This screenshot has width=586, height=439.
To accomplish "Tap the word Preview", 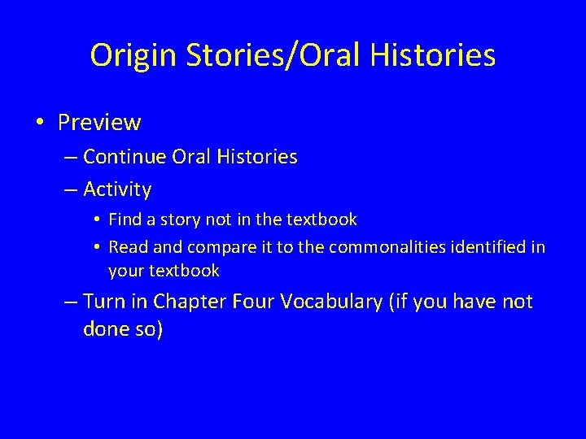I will [x=99, y=123].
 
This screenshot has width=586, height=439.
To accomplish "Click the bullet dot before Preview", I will [x=40, y=123].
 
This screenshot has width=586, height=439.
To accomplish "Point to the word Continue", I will [x=125, y=156].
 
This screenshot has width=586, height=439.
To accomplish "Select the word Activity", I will [x=117, y=189].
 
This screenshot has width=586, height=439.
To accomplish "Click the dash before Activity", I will [x=70, y=189].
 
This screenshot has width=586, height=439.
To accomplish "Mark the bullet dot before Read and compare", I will [x=97, y=246].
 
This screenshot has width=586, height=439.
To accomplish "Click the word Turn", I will [x=104, y=302].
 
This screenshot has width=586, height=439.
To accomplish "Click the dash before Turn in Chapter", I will [x=70, y=302].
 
